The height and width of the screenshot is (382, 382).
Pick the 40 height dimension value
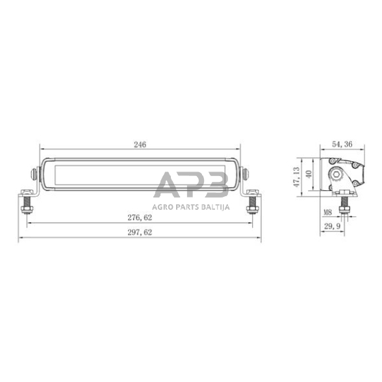point(310,173)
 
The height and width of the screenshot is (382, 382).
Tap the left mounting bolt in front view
point(28,203)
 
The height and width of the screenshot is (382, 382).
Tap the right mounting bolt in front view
point(251,203)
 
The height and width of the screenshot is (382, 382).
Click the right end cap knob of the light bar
point(246,173)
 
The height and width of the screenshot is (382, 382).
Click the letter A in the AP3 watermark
point(167,185)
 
